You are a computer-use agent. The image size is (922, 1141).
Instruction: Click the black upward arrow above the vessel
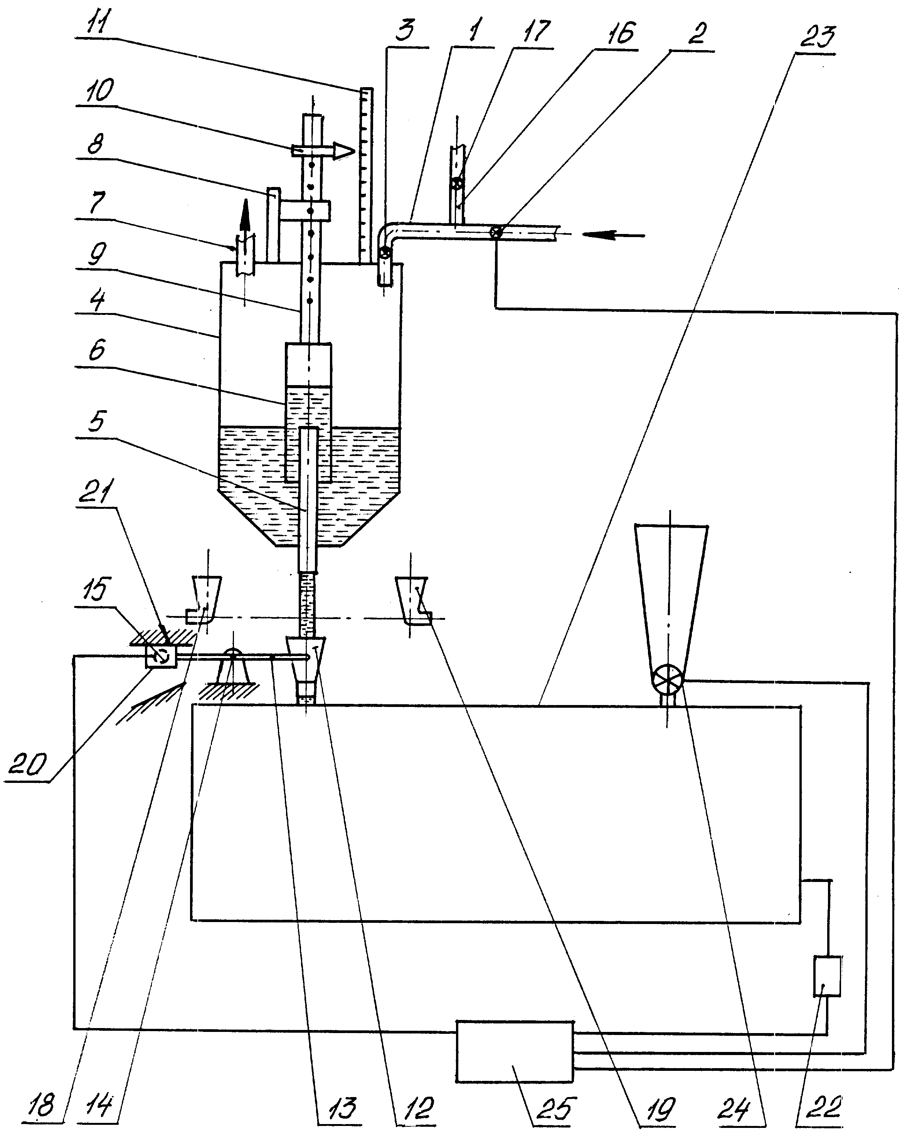(x=245, y=215)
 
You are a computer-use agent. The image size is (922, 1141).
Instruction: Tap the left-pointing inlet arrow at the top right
(x=613, y=234)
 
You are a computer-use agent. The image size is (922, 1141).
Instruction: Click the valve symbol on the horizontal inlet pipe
(x=496, y=232)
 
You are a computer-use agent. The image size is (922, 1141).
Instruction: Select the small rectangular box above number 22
(x=827, y=976)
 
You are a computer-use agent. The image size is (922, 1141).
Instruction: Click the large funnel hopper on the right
(x=670, y=595)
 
